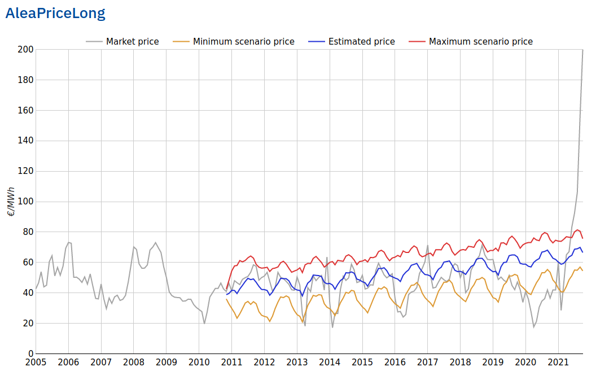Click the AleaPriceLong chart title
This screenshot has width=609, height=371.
(55, 14)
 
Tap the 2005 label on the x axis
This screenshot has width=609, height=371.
(36, 362)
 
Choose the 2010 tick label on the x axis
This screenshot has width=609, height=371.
(199, 362)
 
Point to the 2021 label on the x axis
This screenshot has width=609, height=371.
(558, 362)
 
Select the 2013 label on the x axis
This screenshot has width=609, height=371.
(297, 362)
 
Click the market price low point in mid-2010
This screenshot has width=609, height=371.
(204, 324)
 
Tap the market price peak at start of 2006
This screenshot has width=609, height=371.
(68, 242)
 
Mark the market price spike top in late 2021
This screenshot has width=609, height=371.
(582, 50)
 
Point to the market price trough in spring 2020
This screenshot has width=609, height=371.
(533, 327)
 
